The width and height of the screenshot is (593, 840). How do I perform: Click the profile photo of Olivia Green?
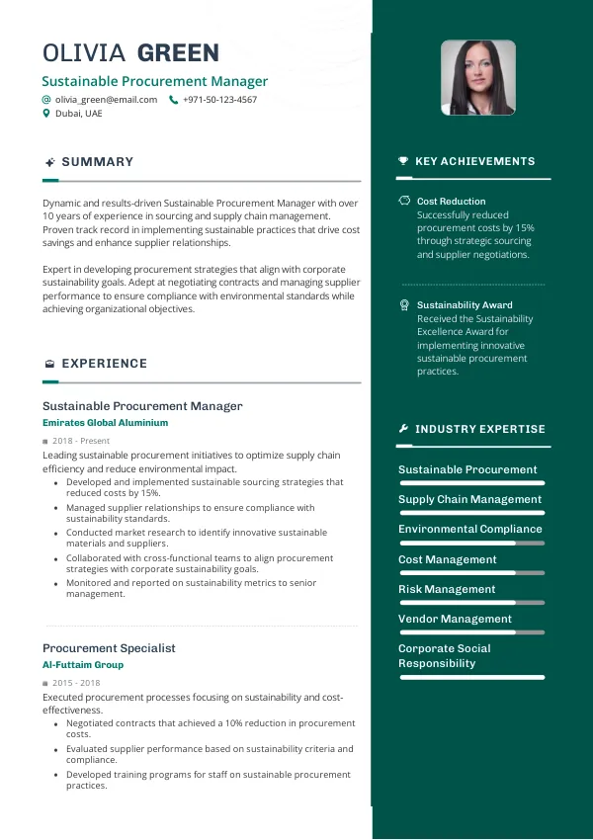477,78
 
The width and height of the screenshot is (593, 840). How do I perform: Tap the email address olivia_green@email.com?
106,100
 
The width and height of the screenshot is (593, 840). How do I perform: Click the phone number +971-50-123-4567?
219,100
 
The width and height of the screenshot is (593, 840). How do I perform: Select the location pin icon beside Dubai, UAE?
46,114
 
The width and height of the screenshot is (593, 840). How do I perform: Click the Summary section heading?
97,162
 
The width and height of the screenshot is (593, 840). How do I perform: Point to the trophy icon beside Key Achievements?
403,161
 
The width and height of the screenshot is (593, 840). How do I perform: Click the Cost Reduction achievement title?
451,202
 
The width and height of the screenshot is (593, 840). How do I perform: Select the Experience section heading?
104,364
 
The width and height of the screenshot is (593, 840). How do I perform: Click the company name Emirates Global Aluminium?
105,423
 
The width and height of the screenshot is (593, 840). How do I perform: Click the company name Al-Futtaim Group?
83,665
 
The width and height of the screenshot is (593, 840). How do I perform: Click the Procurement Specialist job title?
109,648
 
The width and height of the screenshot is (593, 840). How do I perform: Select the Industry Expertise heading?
479,429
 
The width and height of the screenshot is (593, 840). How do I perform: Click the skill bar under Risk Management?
470,603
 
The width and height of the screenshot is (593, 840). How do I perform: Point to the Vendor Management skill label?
455,619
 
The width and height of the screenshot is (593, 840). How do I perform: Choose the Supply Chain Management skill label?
469,499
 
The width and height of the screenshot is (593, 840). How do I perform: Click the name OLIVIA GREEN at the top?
130,53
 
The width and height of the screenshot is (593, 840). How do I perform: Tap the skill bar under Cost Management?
470,573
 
